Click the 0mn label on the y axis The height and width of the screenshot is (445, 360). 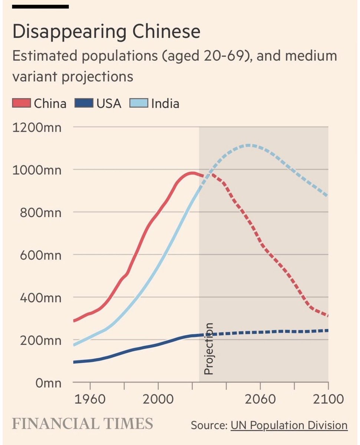(48, 383)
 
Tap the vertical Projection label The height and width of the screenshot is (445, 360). (209, 349)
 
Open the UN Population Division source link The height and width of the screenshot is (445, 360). (289, 425)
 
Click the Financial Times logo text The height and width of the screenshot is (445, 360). (83, 423)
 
